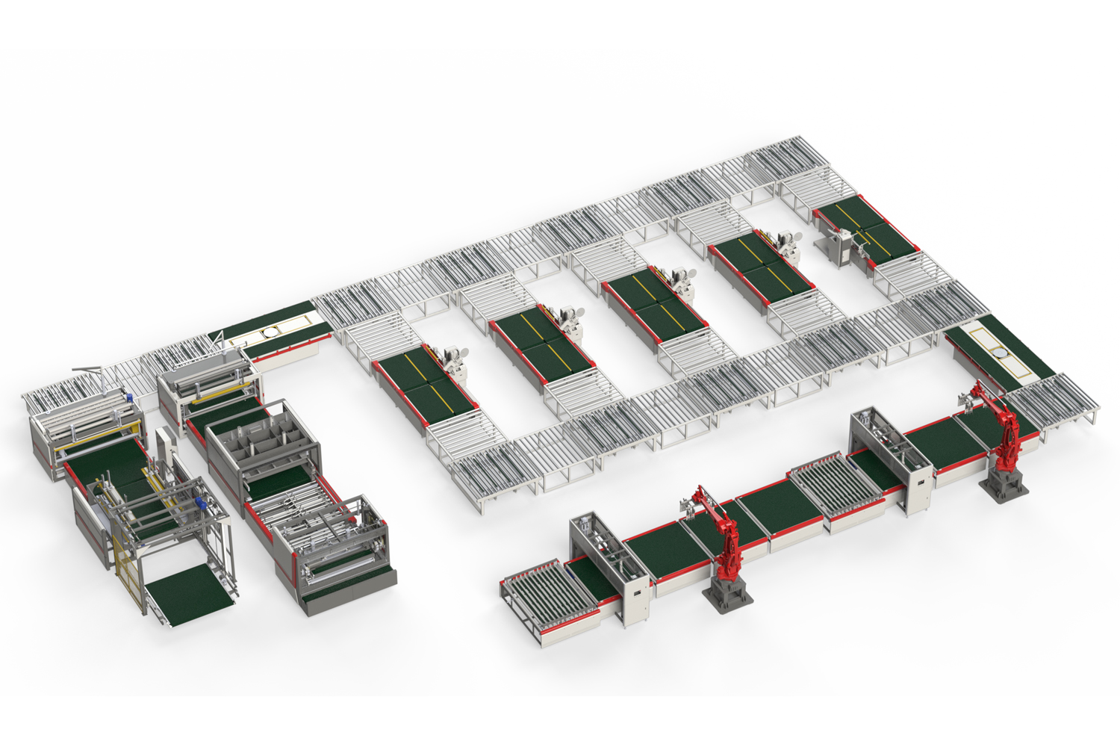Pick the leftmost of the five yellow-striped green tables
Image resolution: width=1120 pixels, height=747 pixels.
423,380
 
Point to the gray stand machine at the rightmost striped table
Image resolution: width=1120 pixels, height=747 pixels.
841,246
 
